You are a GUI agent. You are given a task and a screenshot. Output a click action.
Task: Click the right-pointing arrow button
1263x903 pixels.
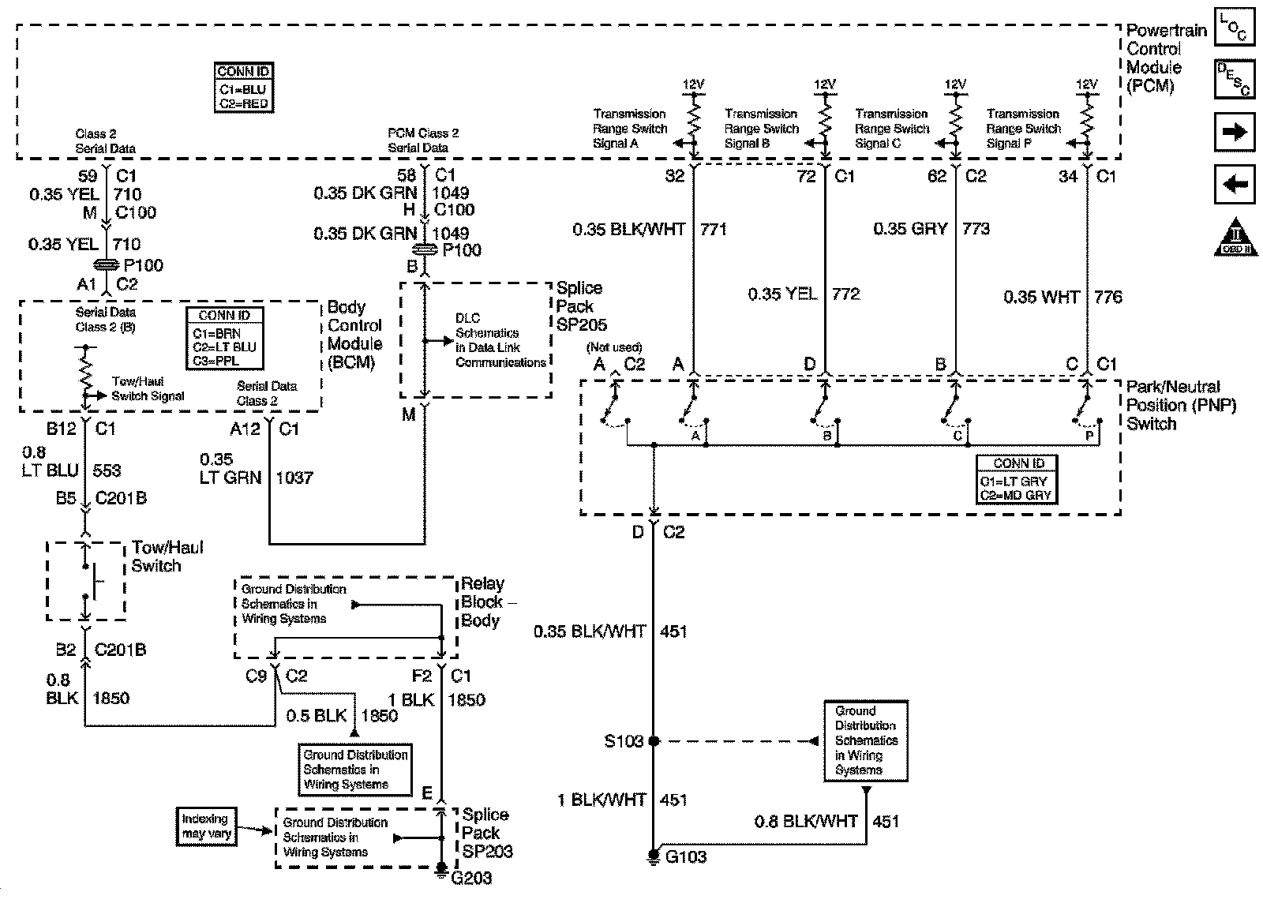pyautogui.click(x=1235, y=132)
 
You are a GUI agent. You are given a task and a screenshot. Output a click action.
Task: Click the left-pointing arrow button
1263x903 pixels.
pyautogui.click(x=1235, y=185)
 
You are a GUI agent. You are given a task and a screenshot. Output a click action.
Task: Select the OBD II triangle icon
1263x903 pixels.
pyautogui.click(x=1235, y=238)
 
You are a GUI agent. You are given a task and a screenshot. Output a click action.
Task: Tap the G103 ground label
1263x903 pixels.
pyautogui.click(x=686, y=857)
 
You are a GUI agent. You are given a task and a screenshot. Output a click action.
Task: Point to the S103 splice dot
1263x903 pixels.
pyautogui.click(x=653, y=741)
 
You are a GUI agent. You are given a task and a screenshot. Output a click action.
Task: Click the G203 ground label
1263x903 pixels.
pyautogui.click(x=471, y=877)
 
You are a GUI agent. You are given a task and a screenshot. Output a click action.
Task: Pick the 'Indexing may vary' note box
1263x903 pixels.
pyautogui.click(x=205, y=826)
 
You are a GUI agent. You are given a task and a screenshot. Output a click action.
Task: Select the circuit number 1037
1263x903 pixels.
pyautogui.click(x=294, y=478)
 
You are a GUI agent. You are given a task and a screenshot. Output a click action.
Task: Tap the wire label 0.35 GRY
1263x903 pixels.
pyautogui.click(x=910, y=229)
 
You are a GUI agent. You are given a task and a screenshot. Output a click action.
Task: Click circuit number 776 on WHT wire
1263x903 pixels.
pyautogui.click(x=1108, y=298)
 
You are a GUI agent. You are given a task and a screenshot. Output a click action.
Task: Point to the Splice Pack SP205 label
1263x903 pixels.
pyautogui.click(x=580, y=306)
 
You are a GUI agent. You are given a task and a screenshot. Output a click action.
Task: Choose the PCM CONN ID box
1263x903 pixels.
pyautogui.click(x=243, y=88)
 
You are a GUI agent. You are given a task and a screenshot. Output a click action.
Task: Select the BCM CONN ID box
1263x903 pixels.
pyautogui.click(x=224, y=338)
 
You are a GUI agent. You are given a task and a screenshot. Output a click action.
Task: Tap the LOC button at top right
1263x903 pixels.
pyautogui.click(x=1233, y=31)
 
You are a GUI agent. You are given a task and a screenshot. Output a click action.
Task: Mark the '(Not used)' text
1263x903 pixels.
pyautogui.click(x=614, y=347)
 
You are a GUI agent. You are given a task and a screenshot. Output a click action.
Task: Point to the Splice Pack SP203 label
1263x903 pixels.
pyautogui.click(x=487, y=833)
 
